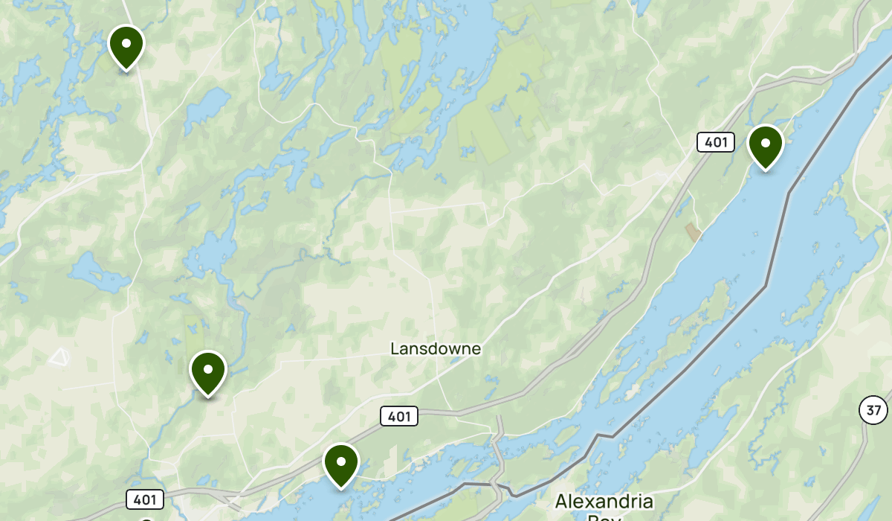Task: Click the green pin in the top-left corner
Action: pyautogui.click(x=126, y=46)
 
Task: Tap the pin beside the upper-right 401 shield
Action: pyautogui.click(x=765, y=146)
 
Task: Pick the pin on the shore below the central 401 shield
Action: pyautogui.click(x=341, y=464)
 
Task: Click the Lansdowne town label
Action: pyautogui.click(x=436, y=348)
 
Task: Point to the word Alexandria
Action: pyautogui.click(x=604, y=501)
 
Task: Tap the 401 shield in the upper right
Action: pyautogui.click(x=715, y=141)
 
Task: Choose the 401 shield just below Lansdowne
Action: pyautogui.click(x=399, y=416)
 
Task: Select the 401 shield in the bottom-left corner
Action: pyautogui.click(x=145, y=499)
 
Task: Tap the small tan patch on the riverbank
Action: pyautogui.click(x=693, y=232)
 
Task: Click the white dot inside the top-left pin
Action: pyautogui.click(x=126, y=42)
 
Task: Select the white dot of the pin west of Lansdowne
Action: pyautogui.click(x=208, y=368)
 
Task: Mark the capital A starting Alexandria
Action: pyautogui.click(x=561, y=501)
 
